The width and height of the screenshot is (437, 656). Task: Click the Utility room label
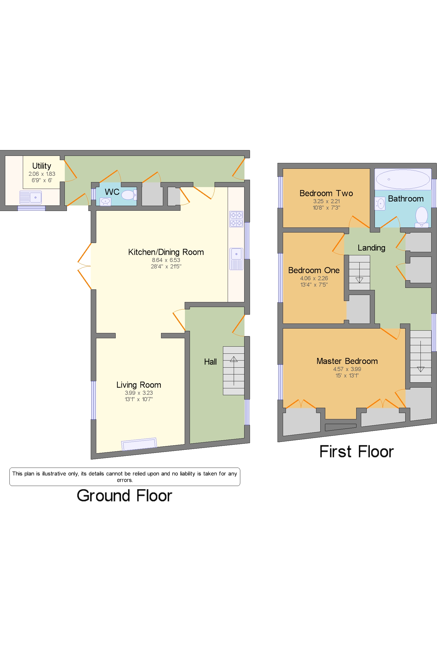[41, 166]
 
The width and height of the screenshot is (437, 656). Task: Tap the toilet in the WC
[129, 195]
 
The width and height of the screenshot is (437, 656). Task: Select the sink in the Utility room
[31, 197]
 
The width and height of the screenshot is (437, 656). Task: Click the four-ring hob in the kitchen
[236, 219]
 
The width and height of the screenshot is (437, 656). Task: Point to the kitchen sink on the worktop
[236, 259]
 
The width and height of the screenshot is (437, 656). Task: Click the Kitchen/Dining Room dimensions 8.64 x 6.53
[166, 260]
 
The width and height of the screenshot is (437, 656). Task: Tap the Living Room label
[138, 385]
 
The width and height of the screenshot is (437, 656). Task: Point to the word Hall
[210, 362]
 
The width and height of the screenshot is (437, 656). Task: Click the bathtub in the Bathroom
[402, 179]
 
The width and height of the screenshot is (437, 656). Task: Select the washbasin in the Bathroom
[380, 204]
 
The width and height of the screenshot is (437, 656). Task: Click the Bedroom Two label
[326, 193]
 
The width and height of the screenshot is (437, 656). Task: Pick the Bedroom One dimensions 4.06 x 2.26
[314, 278]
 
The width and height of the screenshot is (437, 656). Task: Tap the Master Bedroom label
[347, 361]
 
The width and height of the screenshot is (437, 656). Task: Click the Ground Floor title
[124, 495]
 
